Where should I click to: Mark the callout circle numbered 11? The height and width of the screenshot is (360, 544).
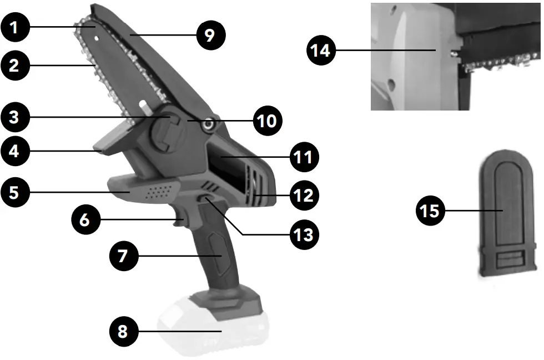click(x=303, y=157)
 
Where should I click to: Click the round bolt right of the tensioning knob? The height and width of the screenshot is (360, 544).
click(x=209, y=126)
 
